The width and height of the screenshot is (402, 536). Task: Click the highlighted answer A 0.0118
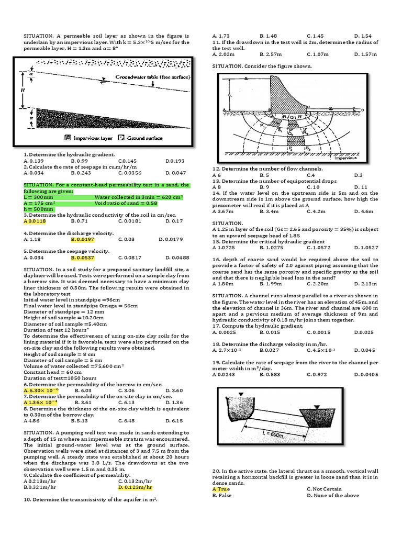tap(35, 221)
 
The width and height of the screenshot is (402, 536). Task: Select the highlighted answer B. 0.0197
tap(83, 239)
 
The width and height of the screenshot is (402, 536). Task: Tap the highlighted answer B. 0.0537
tap(83, 258)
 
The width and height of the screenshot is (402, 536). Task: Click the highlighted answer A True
tap(222, 489)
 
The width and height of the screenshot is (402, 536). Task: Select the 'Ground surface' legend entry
tap(140, 138)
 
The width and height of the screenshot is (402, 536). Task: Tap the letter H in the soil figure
tap(23, 90)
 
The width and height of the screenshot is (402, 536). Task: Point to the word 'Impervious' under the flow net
tap(346, 157)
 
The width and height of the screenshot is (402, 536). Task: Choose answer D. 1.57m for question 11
tap(366, 54)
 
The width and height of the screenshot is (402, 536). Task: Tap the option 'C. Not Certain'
tap(324, 489)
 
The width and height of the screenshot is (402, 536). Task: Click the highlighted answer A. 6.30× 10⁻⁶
tap(41, 390)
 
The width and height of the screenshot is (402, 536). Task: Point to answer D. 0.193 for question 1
tap(175, 161)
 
